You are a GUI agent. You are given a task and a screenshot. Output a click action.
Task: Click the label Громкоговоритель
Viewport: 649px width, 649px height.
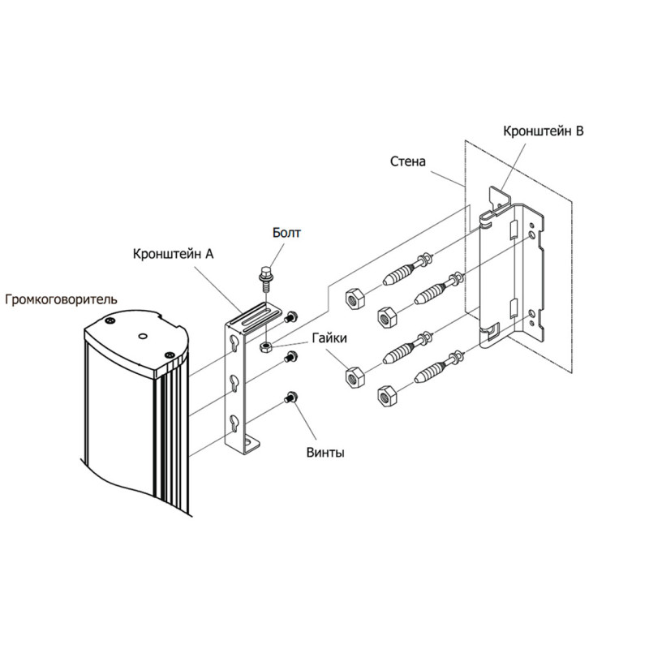61,299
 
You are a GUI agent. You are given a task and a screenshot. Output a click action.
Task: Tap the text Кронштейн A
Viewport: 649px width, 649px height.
173,253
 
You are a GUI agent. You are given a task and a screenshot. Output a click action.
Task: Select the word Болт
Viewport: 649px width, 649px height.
286,234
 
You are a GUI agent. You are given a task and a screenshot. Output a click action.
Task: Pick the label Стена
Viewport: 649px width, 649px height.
407,161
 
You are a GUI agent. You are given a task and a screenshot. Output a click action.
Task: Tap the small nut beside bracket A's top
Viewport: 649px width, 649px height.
266,347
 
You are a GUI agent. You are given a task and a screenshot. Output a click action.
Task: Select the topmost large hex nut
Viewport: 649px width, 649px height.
354,298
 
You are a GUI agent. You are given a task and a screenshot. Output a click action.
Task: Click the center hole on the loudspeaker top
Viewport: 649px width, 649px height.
142,335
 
